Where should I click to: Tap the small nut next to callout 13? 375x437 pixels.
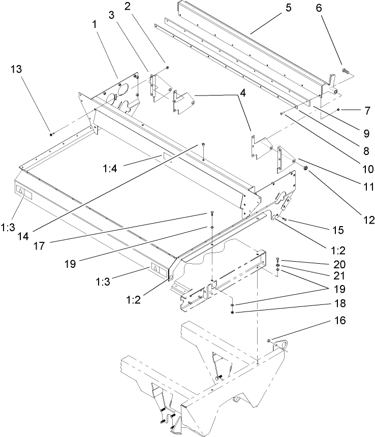[51, 134]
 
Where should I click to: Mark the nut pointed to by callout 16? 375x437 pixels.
[268, 340]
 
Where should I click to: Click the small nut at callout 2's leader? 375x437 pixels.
[167, 68]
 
